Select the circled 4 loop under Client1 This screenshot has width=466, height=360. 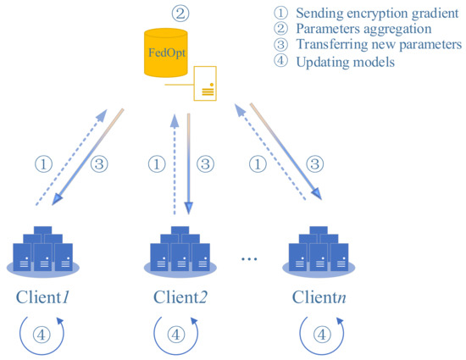click(x=43, y=333)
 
